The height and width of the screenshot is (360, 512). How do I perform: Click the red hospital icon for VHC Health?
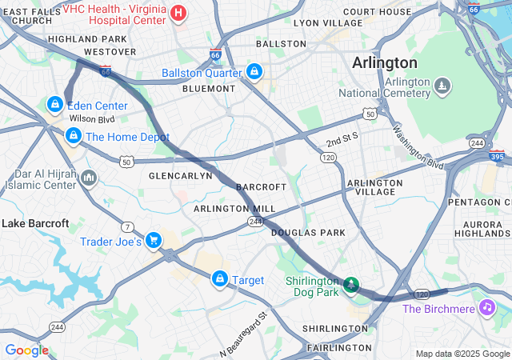click(178, 13)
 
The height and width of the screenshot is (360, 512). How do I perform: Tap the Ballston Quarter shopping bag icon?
click(254, 71)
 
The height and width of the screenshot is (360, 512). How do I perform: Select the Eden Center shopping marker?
click(54, 104)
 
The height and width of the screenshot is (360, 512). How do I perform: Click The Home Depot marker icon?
click(74, 136)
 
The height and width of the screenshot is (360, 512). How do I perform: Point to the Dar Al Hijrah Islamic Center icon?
click(88, 177)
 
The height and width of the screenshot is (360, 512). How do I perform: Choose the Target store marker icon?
click(218, 278)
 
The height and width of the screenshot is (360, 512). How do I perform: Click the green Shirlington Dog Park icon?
click(350, 284)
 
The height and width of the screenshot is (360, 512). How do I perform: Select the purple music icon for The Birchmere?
click(486, 307)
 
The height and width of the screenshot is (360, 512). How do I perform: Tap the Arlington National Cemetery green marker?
click(441, 83)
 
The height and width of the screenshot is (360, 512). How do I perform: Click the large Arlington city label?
click(386, 62)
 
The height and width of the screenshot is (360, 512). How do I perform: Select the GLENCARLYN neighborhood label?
click(181, 175)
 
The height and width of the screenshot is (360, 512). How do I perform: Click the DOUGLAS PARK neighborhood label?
click(308, 233)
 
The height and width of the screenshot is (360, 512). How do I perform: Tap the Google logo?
click(26, 350)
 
